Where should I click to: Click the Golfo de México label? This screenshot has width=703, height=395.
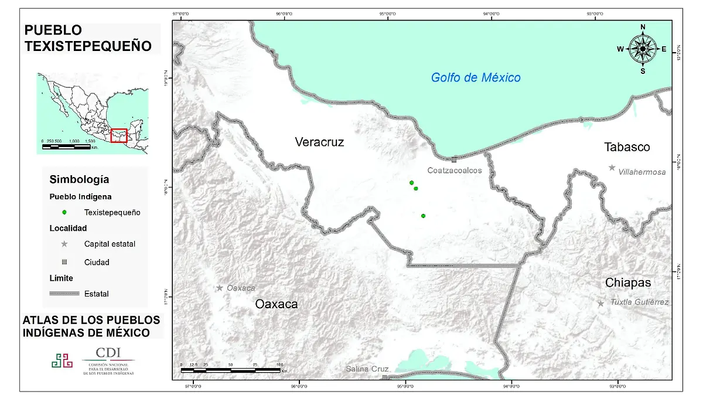pos(476,77)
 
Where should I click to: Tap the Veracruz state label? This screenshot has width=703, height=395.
pos(319,142)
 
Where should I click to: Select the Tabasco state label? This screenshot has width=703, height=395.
pos(627,147)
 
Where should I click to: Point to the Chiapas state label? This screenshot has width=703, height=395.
pos(628,283)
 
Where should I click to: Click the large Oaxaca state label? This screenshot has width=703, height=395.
pos(276,304)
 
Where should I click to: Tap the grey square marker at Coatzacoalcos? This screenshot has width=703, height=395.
pos(454,159)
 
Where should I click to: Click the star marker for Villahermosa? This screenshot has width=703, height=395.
pos(612,168)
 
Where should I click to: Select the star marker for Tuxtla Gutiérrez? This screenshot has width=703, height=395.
pos(600,304)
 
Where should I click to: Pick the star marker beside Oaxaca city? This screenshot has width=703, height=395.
pos(220,288)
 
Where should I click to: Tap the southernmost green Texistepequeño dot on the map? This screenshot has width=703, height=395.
pos(423,216)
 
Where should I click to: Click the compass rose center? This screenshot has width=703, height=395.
pos(643,49)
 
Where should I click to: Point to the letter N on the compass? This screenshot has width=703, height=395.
pos(643,27)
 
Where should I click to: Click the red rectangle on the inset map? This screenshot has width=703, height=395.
pos(119,135)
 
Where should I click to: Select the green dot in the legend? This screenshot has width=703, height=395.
pos(64,212)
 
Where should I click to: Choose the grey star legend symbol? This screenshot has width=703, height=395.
pos(64,244)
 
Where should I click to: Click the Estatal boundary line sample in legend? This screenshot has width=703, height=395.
pos(64,294)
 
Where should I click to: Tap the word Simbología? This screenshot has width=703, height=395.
pos(79,179)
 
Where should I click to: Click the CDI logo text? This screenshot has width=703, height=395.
pos(108,352)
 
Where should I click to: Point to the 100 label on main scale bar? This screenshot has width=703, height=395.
pos(279,364)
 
